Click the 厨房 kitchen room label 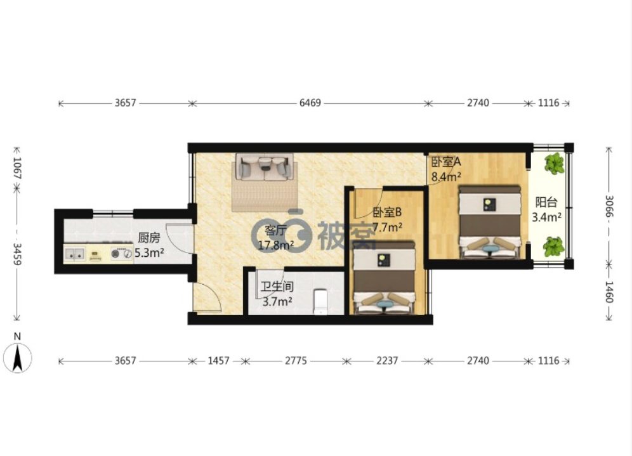click(x=148, y=238)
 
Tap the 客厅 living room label click(x=275, y=231)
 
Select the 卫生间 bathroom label click(x=277, y=287)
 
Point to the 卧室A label click(x=446, y=162)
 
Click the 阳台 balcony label click(x=546, y=202)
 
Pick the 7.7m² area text click(x=387, y=228)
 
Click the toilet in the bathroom click(x=320, y=301)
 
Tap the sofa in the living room click(x=265, y=167)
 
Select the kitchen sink click(x=75, y=254)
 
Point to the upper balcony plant click(x=554, y=163)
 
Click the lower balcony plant click(x=554, y=246)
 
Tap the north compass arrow click(x=17, y=358)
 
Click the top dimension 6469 click(x=310, y=103)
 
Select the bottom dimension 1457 click(x=218, y=361)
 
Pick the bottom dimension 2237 click(x=387, y=361)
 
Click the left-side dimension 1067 click(x=17, y=167)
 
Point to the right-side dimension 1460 click(x=609, y=292)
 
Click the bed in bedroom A click(x=489, y=221)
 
